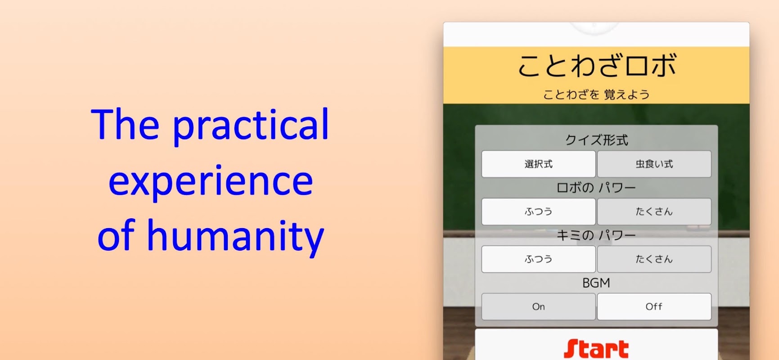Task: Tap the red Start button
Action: pos(596,345)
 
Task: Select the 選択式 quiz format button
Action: pos(538,164)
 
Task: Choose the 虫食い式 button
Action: pos(654,164)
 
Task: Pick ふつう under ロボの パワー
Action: pos(538,211)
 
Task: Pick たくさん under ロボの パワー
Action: pos(654,211)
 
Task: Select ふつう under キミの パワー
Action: pos(538,259)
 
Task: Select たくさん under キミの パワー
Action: pos(654,259)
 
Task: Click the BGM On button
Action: pos(538,307)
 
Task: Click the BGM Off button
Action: pos(654,307)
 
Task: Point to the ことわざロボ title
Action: pos(597,66)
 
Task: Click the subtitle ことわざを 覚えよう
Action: pos(596,94)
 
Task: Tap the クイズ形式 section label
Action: pos(596,140)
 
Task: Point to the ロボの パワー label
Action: pos(596,188)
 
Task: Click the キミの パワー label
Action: pos(596,235)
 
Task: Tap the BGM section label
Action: pos(596,283)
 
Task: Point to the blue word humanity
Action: pos(235,236)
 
